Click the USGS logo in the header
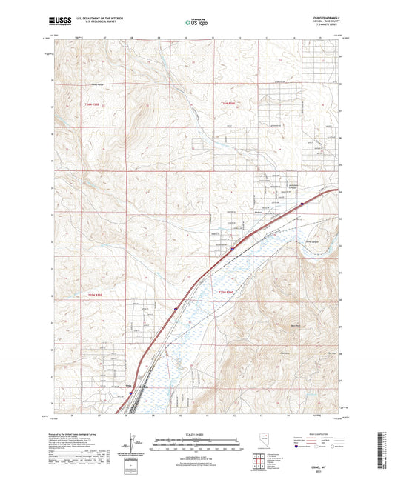click(x=57, y=22)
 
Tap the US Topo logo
click(x=197, y=23)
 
